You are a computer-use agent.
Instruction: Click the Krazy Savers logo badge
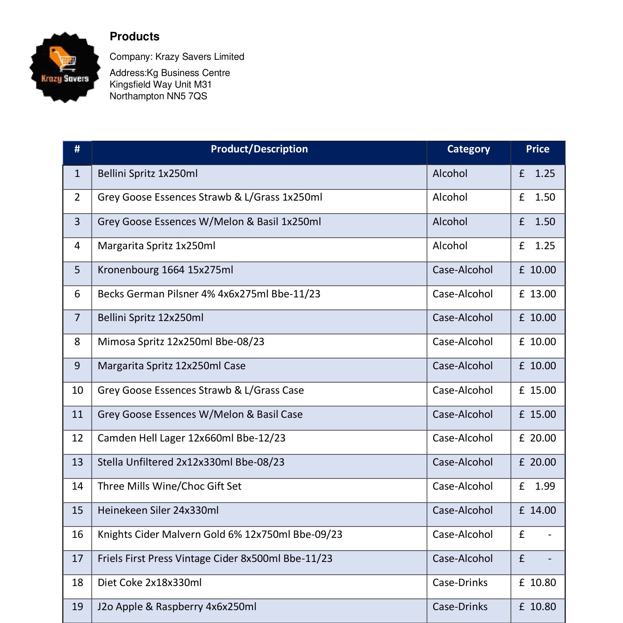[65, 67]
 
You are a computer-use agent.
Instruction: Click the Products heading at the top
[135, 37]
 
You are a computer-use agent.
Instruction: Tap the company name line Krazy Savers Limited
[177, 57]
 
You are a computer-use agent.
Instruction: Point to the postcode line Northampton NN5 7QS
[158, 96]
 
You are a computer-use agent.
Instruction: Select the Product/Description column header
[259, 150]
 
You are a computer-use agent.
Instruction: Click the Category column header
[468, 150]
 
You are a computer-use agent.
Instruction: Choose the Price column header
[537, 150]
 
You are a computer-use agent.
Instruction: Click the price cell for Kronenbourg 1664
[537, 270]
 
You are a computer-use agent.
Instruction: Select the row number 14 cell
[77, 486]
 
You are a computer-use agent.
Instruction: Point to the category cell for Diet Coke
[460, 583]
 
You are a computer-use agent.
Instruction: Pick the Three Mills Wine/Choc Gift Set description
[169, 486]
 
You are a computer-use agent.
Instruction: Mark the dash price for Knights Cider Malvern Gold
[549, 535]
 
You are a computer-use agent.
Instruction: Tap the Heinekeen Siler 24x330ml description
[158, 510]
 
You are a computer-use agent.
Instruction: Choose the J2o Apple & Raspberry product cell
[177, 607]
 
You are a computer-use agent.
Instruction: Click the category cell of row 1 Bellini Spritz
[450, 174]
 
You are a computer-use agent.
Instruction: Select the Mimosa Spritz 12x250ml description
[181, 342]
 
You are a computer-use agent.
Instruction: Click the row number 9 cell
[77, 366]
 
